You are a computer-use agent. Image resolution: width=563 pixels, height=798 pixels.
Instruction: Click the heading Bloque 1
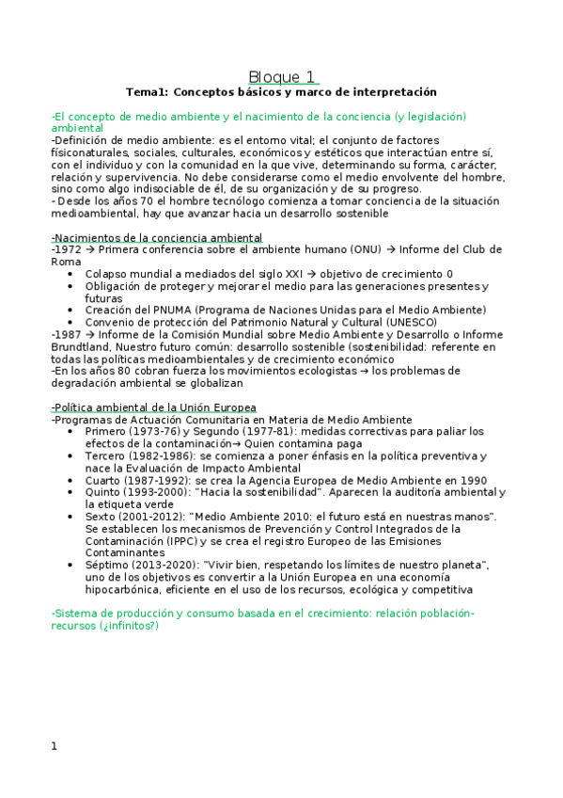(281, 77)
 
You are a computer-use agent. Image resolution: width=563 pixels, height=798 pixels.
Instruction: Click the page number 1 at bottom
(55, 746)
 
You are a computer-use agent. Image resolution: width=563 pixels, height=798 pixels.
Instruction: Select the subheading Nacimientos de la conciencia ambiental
(156, 238)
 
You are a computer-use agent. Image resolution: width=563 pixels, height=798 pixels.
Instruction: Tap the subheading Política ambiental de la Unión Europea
(153, 407)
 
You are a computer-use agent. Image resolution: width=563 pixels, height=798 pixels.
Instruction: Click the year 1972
(69, 249)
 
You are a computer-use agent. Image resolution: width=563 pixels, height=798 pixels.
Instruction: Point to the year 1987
(69, 335)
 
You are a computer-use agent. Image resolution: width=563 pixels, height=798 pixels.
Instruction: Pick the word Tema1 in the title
(145, 92)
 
